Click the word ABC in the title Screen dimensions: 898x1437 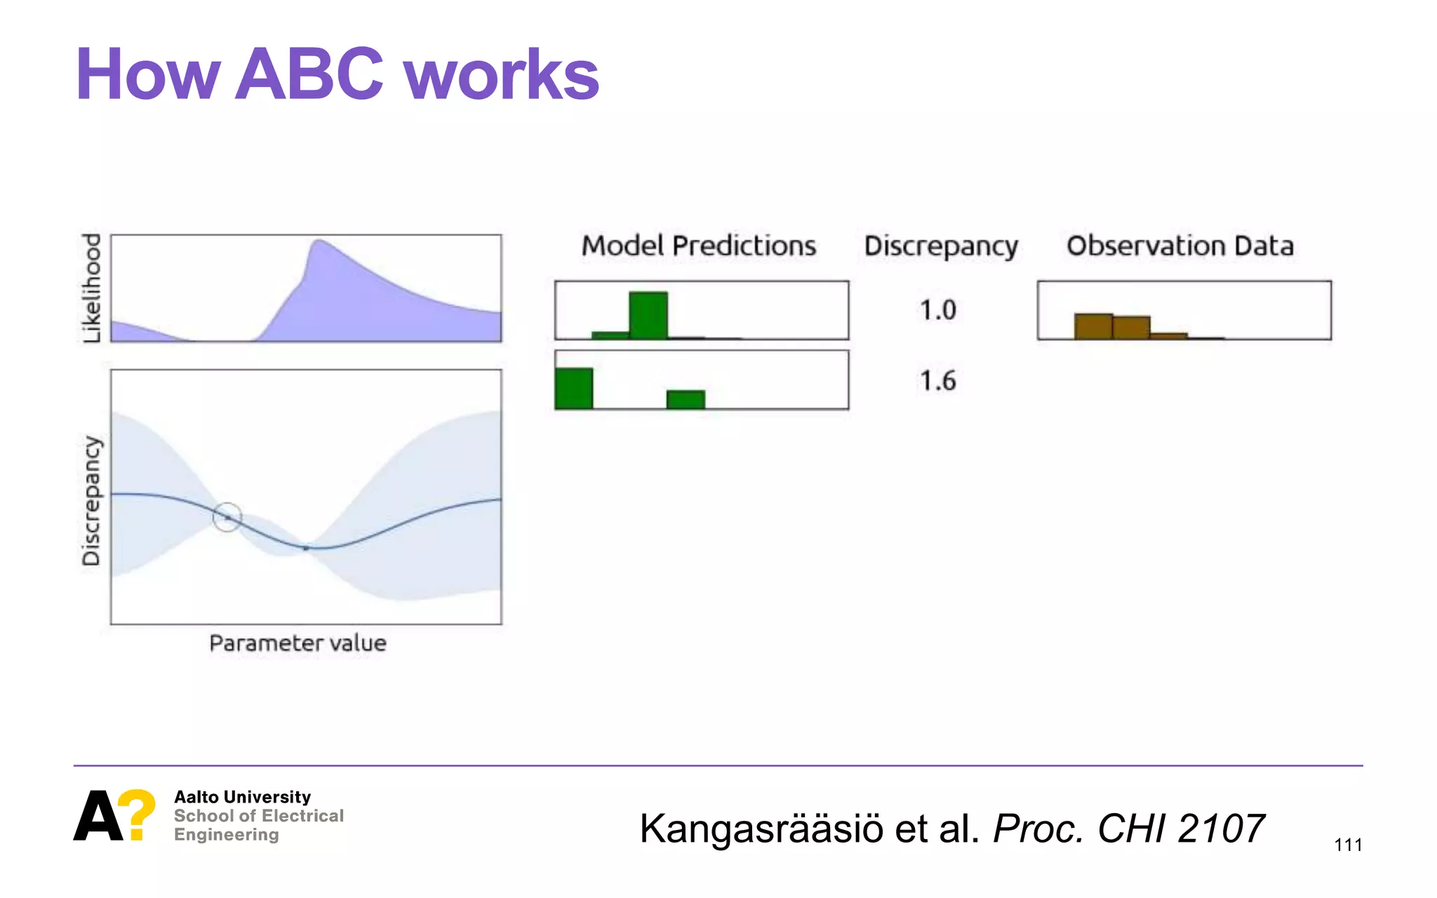(309, 74)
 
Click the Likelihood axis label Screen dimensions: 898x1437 (92, 288)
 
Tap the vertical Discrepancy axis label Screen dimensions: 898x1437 (92, 500)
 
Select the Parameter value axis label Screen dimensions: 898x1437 (298, 643)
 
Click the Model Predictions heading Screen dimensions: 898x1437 (699, 246)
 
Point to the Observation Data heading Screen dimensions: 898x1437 (1180, 246)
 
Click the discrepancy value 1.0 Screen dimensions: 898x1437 (937, 310)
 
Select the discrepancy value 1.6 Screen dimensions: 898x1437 (937, 381)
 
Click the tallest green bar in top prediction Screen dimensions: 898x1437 (648, 316)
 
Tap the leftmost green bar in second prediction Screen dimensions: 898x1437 (574, 388)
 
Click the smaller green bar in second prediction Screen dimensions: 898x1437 (686, 399)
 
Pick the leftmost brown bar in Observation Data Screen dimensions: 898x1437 (1093, 326)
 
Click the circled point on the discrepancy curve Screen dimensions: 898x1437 (227, 518)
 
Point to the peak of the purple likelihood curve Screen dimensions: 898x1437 (319, 243)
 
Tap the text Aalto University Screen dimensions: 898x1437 (242, 797)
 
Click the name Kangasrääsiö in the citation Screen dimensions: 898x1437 (761, 829)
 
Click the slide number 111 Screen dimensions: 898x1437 (1347, 845)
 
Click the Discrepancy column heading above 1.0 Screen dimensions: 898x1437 (940, 246)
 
